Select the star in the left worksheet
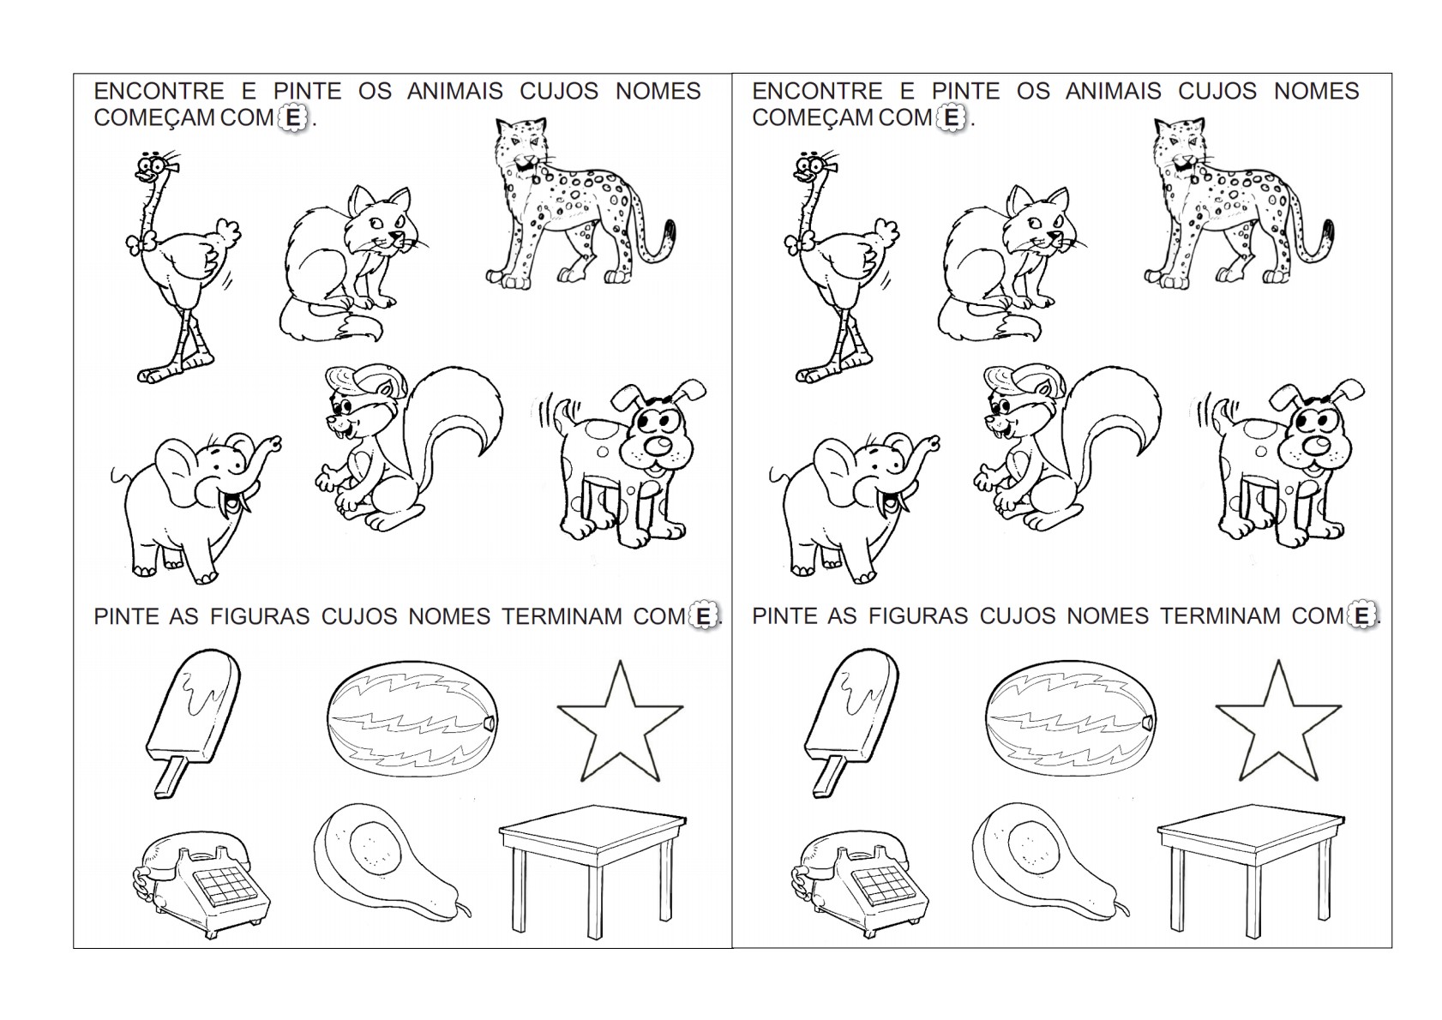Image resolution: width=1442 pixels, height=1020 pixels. pyautogui.click(x=620, y=724)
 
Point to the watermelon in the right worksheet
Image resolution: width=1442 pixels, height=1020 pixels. pyautogui.click(x=1071, y=718)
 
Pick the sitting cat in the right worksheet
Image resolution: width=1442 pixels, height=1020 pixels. pyautogui.click(x=1011, y=264)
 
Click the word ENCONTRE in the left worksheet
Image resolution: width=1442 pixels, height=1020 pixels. pyautogui.click(x=159, y=92)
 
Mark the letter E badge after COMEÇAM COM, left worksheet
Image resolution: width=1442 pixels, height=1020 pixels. pyautogui.click(x=293, y=118)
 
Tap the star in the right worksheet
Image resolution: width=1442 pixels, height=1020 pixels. pyautogui.click(x=1278, y=724)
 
